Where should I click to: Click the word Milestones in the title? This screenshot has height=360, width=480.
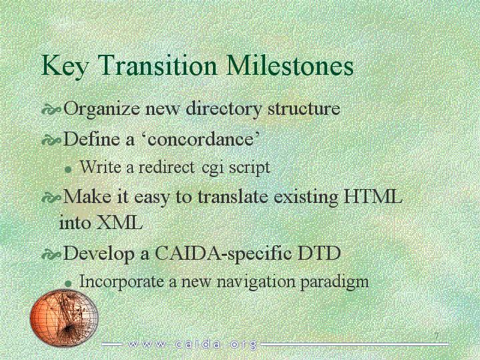click(x=290, y=65)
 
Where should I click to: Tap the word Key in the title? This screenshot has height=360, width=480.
click(x=64, y=67)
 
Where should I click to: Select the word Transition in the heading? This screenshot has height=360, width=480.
click(x=157, y=65)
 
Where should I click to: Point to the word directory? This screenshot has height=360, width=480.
click(x=224, y=109)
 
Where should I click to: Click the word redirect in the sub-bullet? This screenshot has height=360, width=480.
click(x=166, y=167)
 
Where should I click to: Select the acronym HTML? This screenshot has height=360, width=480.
click(x=373, y=197)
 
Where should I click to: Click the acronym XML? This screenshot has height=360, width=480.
click(x=119, y=222)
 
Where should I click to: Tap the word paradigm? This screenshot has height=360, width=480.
click(x=334, y=282)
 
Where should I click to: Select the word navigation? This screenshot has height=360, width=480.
click(x=256, y=282)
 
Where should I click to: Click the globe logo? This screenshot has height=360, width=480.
click(x=64, y=317)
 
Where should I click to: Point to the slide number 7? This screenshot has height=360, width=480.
click(x=437, y=335)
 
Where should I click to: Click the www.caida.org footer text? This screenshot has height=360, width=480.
click(x=192, y=345)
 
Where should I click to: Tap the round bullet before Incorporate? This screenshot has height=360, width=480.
click(x=69, y=284)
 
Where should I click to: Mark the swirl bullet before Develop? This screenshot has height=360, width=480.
click(x=51, y=254)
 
